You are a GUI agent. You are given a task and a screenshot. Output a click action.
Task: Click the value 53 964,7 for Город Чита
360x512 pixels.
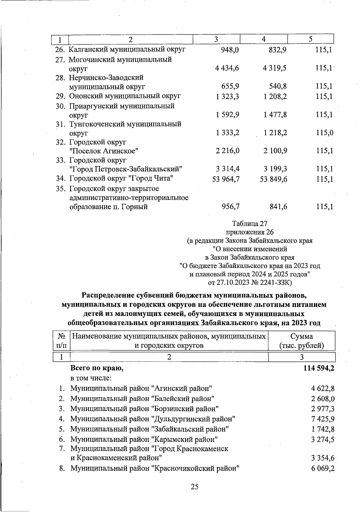(226, 179)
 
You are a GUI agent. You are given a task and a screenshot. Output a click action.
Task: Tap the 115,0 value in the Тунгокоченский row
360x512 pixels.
(325, 133)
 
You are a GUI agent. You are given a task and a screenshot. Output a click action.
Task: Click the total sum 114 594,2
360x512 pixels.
(319, 368)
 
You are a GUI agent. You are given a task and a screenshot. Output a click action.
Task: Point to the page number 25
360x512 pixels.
(194, 487)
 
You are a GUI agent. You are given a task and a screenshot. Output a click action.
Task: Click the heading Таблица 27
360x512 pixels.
(249, 224)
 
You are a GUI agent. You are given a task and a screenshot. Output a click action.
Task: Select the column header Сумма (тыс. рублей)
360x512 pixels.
(301, 341)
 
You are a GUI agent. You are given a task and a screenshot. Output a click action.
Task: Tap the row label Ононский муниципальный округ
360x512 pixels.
(125, 96)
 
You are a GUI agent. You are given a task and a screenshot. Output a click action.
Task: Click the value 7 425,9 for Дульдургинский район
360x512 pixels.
(323, 419)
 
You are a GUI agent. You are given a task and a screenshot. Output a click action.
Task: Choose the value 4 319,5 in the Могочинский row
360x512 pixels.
(274, 68)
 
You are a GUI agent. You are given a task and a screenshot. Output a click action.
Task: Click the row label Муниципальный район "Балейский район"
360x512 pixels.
(142, 399)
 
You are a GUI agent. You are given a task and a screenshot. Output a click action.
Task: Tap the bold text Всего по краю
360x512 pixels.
(97, 368)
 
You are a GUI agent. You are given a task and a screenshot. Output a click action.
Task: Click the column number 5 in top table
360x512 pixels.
(311, 39)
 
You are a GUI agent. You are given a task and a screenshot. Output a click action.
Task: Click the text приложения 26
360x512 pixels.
(249, 232)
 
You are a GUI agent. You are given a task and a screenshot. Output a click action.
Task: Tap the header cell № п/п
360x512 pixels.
(61, 341)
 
